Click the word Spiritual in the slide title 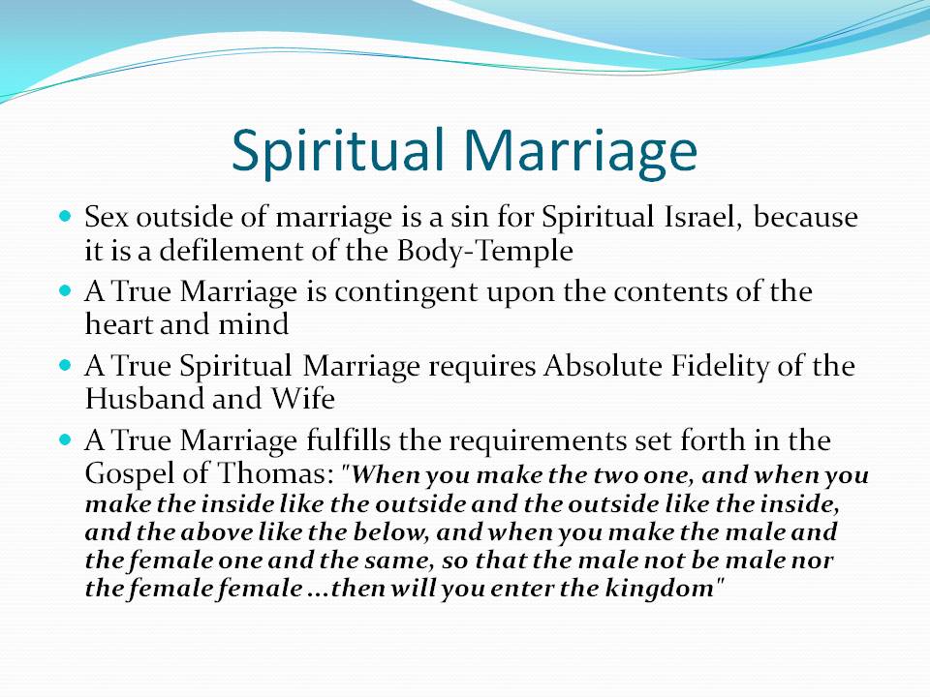click(x=338, y=152)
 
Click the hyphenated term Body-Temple click(x=484, y=252)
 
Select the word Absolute click(x=603, y=366)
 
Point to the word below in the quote click(x=390, y=532)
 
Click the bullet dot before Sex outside click(x=65, y=215)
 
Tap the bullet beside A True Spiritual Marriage click(x=65, y=365)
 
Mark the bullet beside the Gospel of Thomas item click(x=65, y=439)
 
